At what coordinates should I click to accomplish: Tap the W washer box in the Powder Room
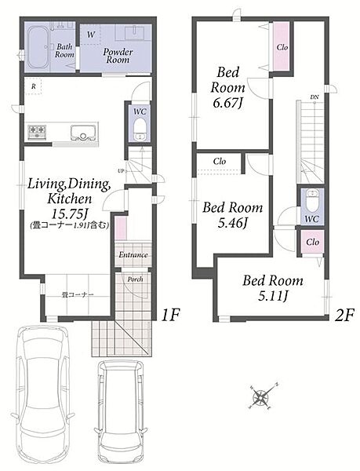(91, 35)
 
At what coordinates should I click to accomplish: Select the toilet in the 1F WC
(140, 130)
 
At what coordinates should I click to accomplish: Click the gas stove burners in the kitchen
(37, 132)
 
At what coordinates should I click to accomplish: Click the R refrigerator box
(33, 86)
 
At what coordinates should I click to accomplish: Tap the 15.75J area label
(69, 214)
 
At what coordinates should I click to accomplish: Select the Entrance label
(133, 255)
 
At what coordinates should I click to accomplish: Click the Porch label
(136, 279)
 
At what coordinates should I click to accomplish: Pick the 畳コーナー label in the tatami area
(78, 294)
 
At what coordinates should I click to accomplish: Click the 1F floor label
(170, 316)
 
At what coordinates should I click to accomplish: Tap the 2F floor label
(344, 316)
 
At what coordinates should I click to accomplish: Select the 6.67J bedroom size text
(227, 104)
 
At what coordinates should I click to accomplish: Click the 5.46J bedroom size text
(232, 223)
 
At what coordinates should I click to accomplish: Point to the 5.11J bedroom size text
(273, 296)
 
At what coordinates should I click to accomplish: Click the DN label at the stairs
(315, 97)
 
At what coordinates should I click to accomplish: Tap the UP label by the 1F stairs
(121, 171)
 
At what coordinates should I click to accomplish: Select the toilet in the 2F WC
(312, 200)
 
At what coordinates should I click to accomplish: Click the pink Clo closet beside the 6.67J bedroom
(282, 47)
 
